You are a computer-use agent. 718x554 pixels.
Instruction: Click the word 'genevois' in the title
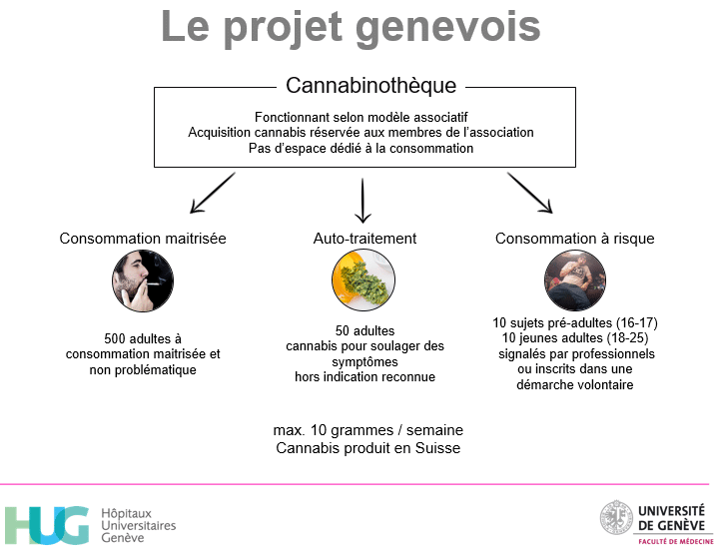coord(447,28)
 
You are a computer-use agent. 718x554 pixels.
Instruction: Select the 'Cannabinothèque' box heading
coord(370,85)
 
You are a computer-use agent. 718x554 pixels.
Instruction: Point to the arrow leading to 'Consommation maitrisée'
coord(213,193)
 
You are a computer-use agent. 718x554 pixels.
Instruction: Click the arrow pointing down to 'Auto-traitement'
coord(362,201)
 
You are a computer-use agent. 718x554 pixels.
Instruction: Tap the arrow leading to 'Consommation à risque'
coord(530,193)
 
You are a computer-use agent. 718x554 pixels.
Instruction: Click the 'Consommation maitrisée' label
coord(143,239)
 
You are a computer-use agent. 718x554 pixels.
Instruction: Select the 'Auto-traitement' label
coord(364,239)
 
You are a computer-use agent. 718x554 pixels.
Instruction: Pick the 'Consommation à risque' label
coord(574,239)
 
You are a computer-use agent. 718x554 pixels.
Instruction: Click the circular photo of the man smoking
coord(143,280)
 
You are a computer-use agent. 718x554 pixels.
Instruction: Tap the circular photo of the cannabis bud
coord(363,279)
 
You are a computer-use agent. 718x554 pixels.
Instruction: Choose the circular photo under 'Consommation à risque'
coord(575,280)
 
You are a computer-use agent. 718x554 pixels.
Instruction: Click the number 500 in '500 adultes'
coord(115,338)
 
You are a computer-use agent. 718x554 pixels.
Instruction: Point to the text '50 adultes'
coord(364,330)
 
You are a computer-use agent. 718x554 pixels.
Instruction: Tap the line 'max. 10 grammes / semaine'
coord(368,430)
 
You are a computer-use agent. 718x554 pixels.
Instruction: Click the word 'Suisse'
coord(437,448)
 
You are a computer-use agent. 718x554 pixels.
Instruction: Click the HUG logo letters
coord(47,525)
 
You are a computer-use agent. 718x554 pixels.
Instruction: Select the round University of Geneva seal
coord(617,517)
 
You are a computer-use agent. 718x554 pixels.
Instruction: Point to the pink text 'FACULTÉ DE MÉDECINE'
coord(676,542)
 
